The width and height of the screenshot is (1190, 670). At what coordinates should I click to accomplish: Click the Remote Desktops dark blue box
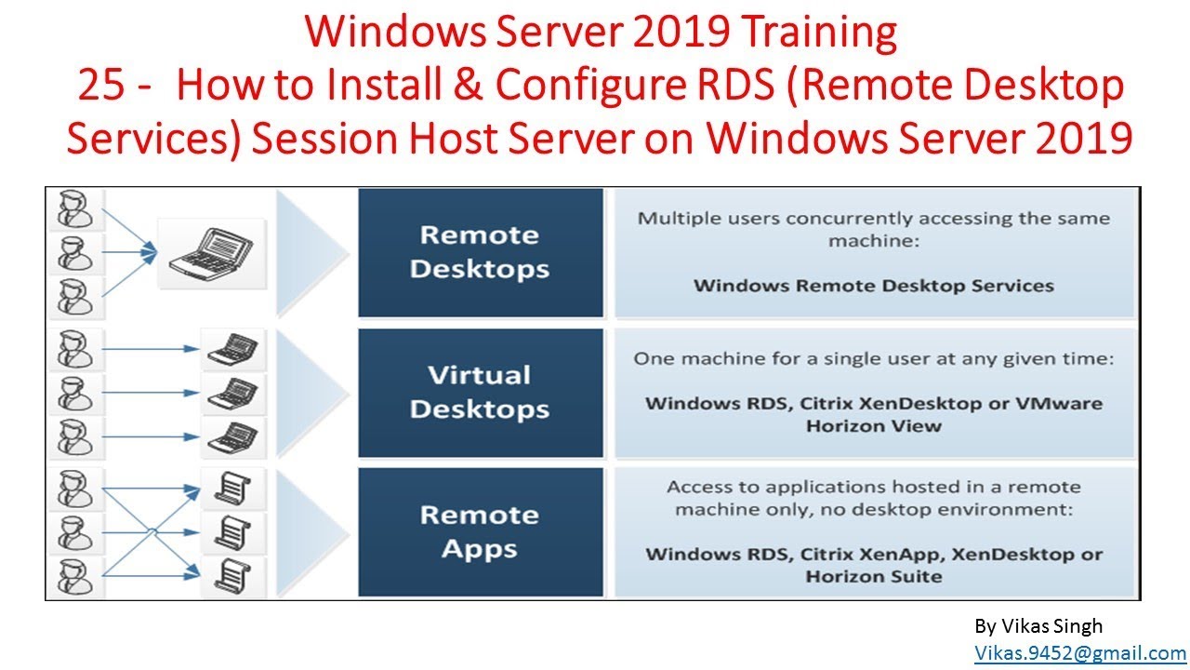click(x=480, y=252)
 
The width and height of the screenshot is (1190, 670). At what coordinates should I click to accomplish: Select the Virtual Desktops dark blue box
click(x=480, y=392)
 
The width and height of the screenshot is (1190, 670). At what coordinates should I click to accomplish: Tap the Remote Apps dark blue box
click(x=480, y=531)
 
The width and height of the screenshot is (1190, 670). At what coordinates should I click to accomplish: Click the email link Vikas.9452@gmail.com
click(x=1079, y=653)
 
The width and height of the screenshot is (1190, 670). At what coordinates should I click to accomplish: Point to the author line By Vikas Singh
click(x=1038, y=626)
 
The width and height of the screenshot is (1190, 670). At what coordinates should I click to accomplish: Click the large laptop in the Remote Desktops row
click(x=211, y=252)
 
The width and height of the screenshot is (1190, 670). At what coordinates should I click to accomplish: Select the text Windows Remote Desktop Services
click(x=873, y=285)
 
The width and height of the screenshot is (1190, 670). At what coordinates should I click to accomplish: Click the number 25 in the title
click(x=102, y=86)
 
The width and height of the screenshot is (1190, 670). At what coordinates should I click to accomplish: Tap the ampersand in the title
click(x=469, y=86)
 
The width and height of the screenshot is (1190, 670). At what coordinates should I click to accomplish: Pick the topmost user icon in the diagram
click(x=73, y=208)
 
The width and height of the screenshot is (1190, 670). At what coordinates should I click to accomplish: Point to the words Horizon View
click(x=873, y=426)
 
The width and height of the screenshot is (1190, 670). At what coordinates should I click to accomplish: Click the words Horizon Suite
click(x=873, y=576)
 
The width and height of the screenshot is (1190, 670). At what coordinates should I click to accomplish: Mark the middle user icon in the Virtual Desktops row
click(x=73, y=392)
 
